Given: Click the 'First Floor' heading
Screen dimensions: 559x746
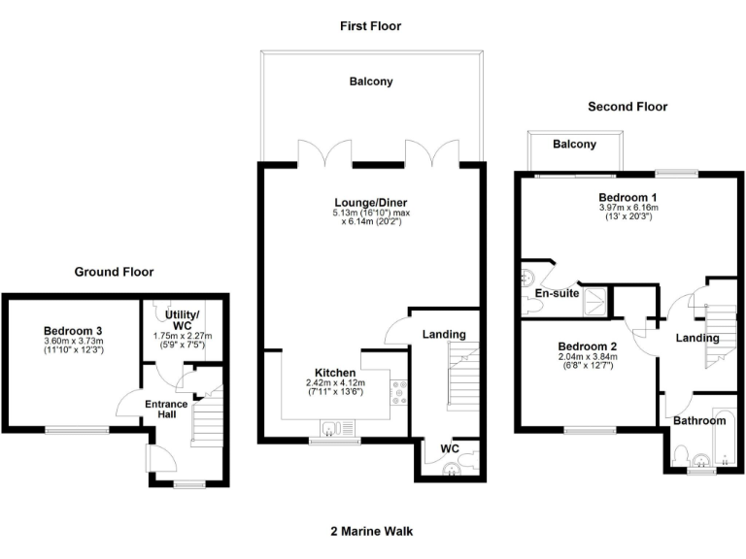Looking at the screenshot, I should [369, 26].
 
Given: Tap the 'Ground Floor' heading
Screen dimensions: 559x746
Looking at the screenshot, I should [114, 272].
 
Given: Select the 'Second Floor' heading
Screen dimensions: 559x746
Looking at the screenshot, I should [627, 107].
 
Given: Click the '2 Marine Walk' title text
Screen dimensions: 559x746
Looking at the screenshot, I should [371, 531].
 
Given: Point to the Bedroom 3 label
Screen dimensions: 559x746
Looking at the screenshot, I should [73, 330].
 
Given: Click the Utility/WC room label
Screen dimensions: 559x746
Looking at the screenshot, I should [183, 321].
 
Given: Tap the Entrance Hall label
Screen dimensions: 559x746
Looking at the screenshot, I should [166, 409].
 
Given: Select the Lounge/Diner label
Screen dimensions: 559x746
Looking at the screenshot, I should [370, 202].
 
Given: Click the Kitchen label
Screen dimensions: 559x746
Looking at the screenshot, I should [335, 373].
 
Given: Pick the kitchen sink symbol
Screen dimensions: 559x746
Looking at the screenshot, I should [333, 428].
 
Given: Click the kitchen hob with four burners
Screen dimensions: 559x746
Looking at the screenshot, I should [397, 390].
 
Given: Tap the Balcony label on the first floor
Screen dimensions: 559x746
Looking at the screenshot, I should [371, 82].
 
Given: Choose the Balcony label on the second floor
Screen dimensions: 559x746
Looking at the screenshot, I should [574, 145].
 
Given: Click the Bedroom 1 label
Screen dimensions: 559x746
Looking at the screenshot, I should [627, 196].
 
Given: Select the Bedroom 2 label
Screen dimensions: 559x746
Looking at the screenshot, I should [588, 346].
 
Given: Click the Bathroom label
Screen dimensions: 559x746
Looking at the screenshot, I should [699, 420].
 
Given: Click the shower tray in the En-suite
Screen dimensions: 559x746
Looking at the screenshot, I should [597, 301].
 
